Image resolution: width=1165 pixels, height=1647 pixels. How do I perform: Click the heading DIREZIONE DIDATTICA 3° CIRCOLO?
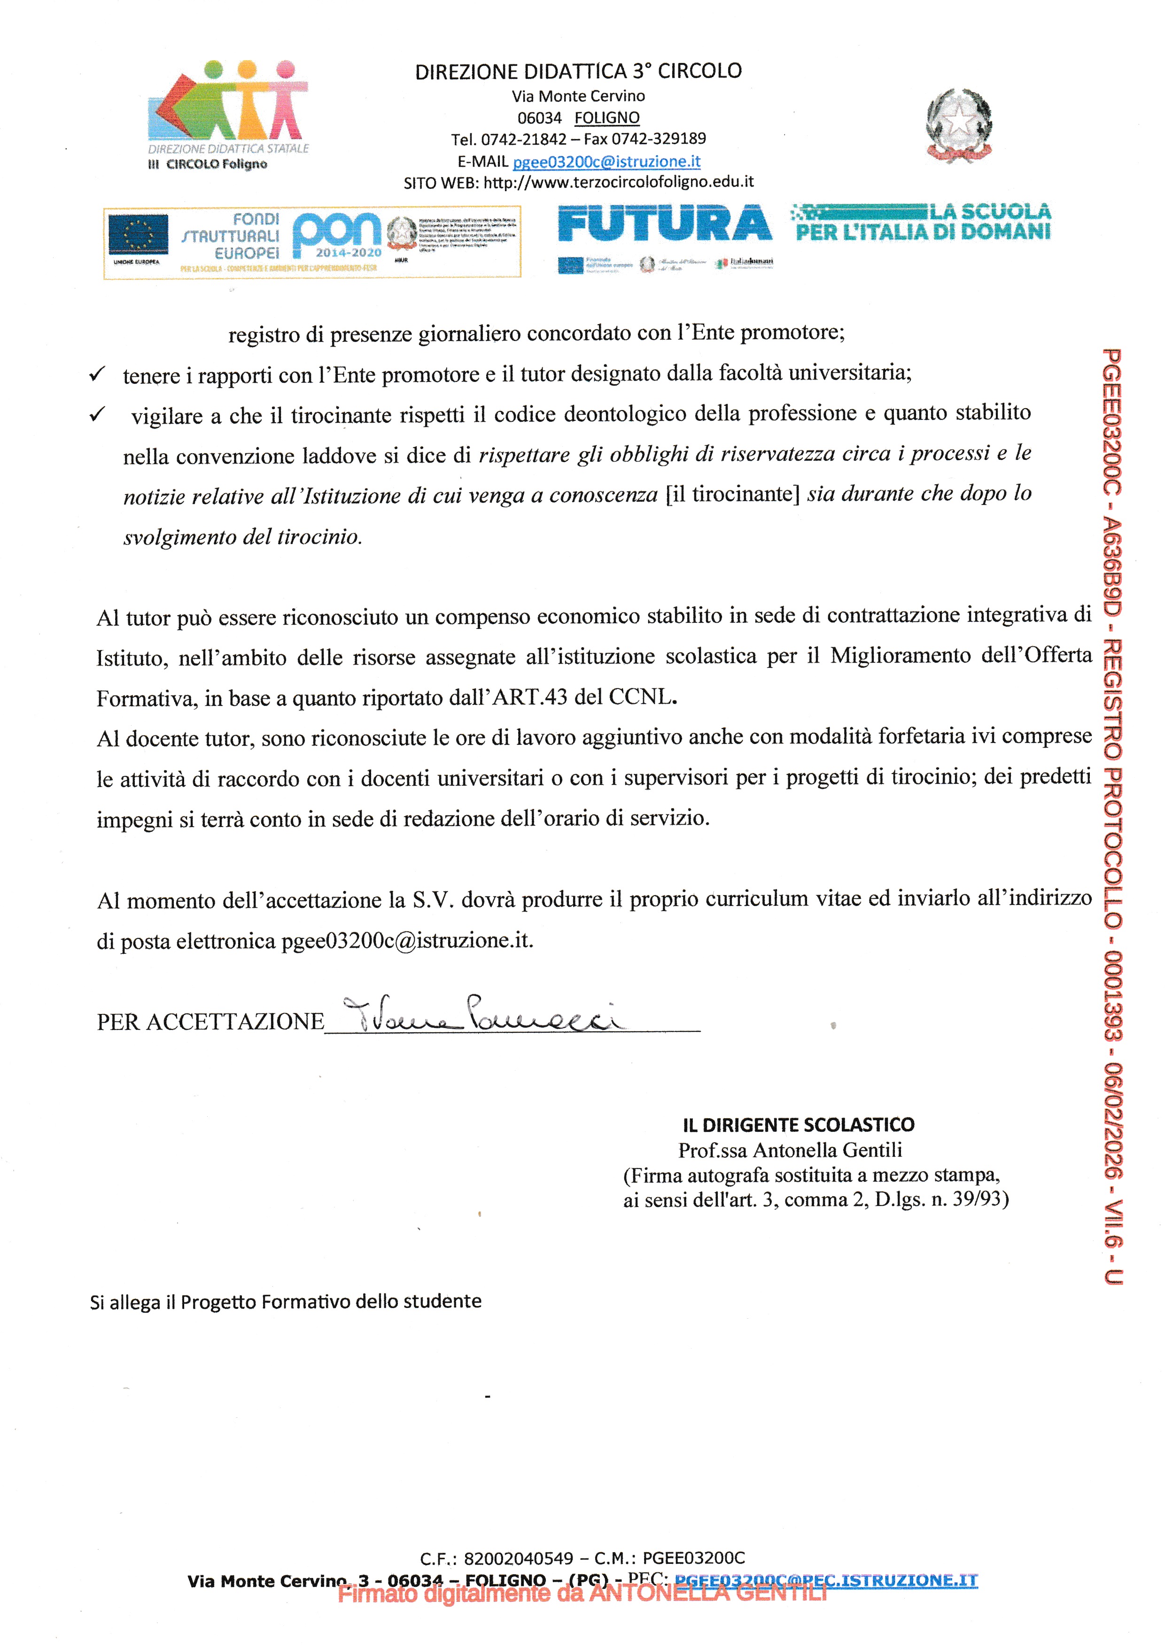578,71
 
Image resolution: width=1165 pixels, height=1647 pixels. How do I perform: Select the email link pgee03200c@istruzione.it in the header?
606,162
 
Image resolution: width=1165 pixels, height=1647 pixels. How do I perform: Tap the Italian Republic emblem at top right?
958,125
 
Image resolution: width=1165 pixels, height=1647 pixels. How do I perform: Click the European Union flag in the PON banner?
138,234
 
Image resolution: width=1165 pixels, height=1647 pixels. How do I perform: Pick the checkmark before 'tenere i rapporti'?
96,374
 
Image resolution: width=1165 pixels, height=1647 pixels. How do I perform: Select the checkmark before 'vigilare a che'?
97,415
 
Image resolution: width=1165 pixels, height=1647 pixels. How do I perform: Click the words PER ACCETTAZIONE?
210,1021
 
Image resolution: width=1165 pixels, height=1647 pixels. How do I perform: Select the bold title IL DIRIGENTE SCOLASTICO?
799,1125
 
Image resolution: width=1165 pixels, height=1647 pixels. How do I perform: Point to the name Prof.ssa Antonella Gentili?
790,1151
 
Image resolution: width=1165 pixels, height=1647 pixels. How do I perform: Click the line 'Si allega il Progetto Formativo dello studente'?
286,1302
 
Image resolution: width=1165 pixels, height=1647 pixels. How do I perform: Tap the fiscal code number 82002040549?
518,1558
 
